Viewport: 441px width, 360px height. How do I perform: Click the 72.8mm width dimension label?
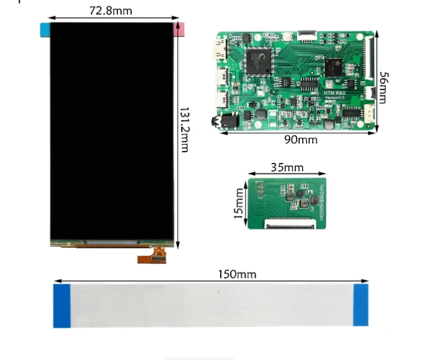111,11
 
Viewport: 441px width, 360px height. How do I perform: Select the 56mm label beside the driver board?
383,88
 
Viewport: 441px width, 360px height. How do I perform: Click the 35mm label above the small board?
287,167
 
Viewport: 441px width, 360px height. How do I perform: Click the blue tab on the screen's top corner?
45,29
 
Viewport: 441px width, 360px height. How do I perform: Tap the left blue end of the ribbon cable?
62,306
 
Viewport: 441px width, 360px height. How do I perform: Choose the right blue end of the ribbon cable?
360,304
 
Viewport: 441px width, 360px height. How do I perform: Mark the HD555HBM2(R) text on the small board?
321,201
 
